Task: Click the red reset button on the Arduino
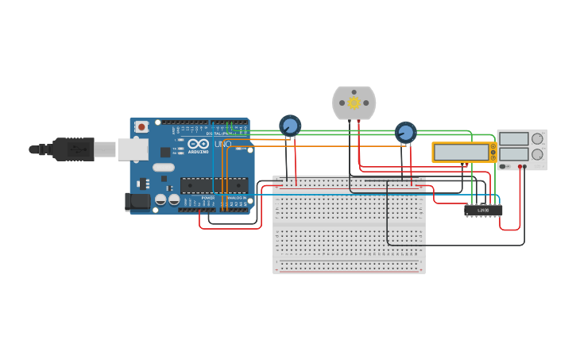tap(141, 126)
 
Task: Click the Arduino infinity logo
tap(198, 143)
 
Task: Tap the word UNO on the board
tap(222, 144)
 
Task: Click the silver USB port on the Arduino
tap(133, 149)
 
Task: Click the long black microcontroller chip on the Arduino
tap(214, 185)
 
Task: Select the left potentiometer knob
tap(290, 126)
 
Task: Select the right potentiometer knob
tap(405, 133)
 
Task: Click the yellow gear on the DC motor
tap(354, 103)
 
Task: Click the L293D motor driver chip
tap(483, 211)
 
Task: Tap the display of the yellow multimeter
tap(462, 152)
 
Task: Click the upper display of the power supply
tap(513, 138)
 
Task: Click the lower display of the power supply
tap(513, 154)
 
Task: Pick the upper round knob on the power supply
tap(537, 138)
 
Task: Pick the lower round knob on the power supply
tap(537, 154)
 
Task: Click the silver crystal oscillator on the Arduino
tap(164, 167)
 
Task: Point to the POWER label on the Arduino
tap(207, 197)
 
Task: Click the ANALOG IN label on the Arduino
tap(237, 197)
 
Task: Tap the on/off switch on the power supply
tap(504, 166)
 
